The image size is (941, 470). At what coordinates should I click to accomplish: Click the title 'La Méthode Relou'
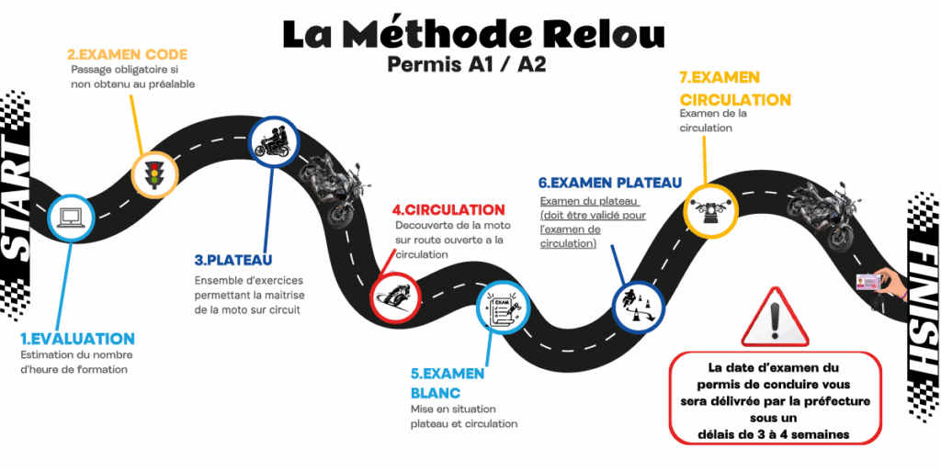(473, 33)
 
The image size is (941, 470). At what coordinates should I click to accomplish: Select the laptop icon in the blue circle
(70, 218)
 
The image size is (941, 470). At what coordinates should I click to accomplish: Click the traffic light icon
(153, 172)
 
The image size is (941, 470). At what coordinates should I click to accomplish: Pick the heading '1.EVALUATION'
(78, 339)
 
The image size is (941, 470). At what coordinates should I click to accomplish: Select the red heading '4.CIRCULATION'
(448, 210)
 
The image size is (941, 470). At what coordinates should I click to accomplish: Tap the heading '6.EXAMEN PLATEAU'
(610, 183)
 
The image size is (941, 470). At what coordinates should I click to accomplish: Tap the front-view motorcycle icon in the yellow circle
(713, 212)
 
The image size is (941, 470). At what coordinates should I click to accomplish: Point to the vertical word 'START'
(19, 203)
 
